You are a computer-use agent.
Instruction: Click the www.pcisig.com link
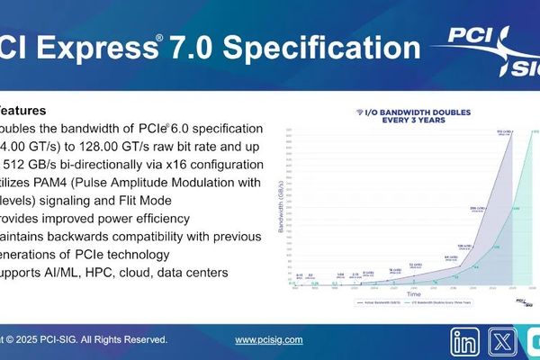click(268, 340)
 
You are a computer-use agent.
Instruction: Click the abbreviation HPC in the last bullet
click(112, 272)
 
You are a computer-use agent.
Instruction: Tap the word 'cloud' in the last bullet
click(152, 272)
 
